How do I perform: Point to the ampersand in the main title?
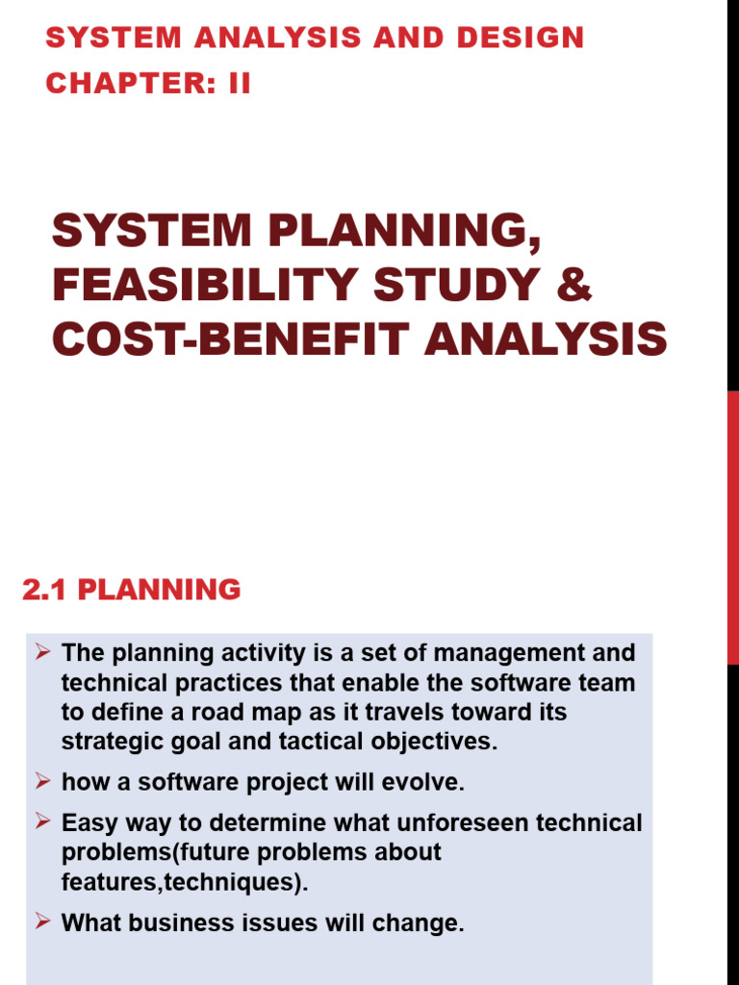coord(574,287)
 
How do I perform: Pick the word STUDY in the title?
coord(467,287)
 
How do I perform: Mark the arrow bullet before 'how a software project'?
coord(42,781)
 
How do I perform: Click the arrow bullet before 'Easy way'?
coord(42,821)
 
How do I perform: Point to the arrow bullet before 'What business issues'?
coord(42,922)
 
